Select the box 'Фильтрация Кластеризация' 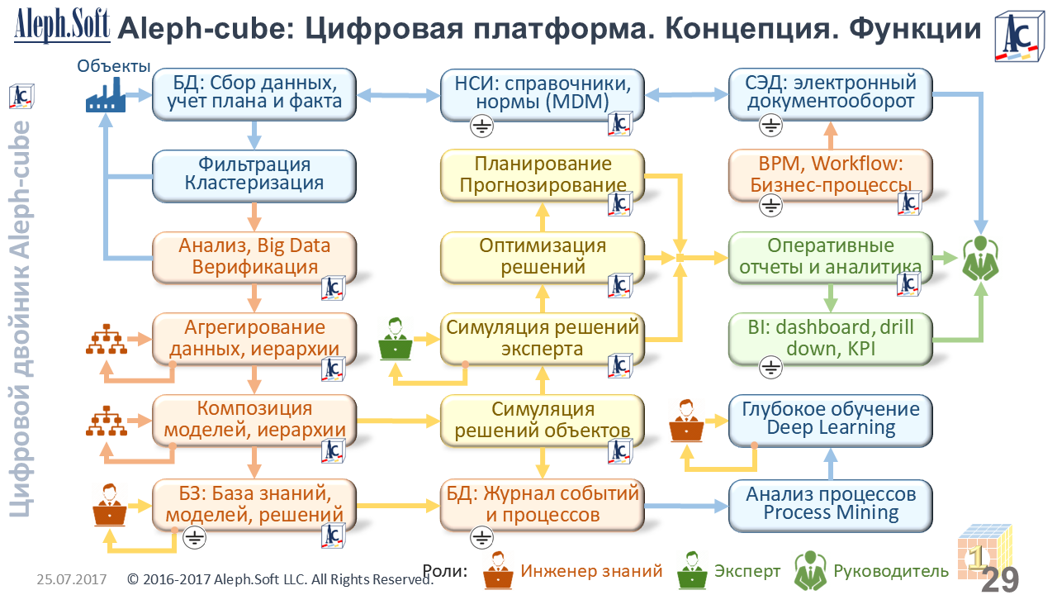[254, 174]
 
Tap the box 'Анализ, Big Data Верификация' [254, 256]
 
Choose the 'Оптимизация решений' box [543, 256]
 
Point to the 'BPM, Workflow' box [830, 174]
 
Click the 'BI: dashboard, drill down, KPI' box [830, 338]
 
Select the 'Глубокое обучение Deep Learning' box [830, 418]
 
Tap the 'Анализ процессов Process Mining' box [830, 503]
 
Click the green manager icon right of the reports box [981, 258]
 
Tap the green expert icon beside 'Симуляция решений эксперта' [396, 339]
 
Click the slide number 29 [1000, 579]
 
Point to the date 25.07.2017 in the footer [72, 580]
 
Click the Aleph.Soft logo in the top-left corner [62, 25]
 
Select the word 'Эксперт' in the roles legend [747, 571]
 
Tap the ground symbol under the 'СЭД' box [770, 126]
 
